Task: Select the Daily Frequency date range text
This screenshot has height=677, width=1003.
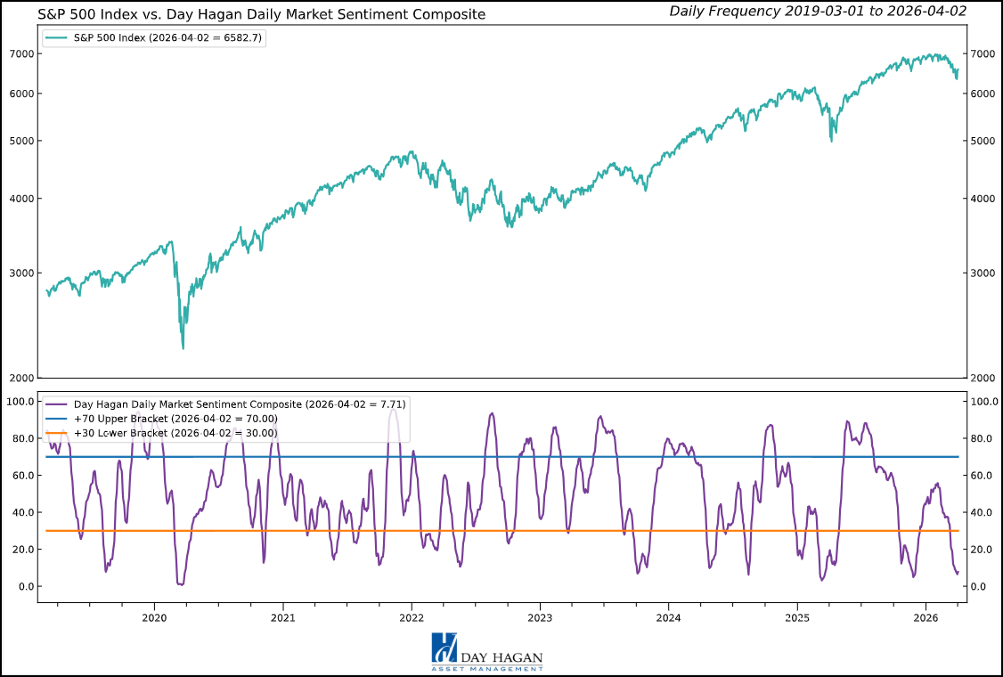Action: (817, 11)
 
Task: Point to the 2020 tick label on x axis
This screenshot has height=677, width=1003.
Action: (154, 617)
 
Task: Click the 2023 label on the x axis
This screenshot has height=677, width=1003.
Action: (540, 617)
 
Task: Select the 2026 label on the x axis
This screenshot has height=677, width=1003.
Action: (926, 617)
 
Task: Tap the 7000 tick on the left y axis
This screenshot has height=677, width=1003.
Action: (21, 53)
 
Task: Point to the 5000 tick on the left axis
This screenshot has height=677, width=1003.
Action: (21, 141)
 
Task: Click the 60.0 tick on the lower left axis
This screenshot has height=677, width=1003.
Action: (20, 476)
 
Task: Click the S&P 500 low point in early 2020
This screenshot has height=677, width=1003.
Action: (183, 347)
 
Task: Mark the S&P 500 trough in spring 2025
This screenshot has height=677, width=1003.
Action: (832, 140)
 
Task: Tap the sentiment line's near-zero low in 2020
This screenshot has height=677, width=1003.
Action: (181, 584)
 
